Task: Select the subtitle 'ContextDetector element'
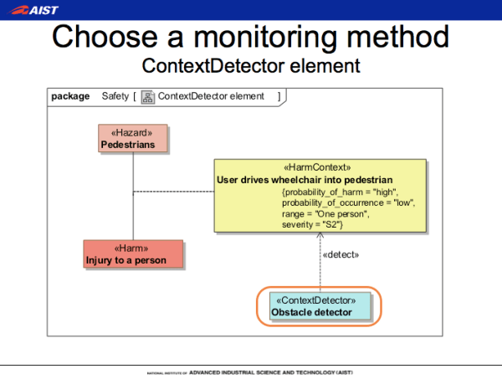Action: [250, 65]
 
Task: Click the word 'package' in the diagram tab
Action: [70, 96]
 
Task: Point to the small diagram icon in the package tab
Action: [147, 96]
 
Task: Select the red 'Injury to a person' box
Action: [133, 254]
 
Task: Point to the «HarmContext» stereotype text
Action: [318, 167]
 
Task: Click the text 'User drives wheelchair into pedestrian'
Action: [305, 179]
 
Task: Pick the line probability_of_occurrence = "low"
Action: [348, 202]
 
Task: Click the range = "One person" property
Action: [325, 214]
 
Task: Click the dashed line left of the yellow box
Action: [173, 192]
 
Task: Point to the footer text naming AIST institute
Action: [250, 371]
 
